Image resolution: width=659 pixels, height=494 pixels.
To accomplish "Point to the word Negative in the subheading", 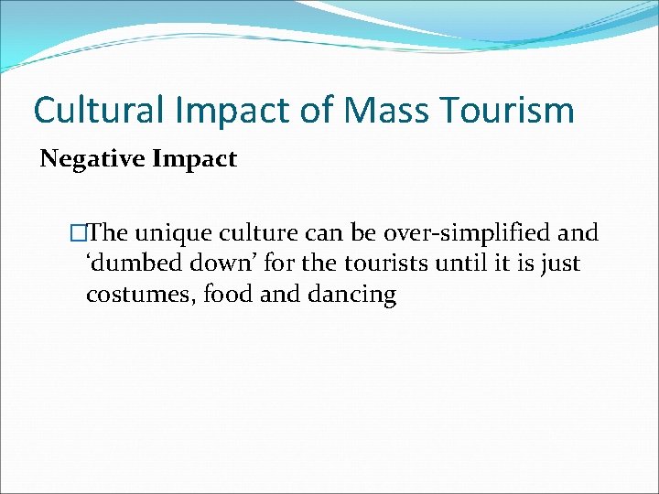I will [92, 159].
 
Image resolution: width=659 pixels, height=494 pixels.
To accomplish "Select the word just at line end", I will [559, 265].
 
